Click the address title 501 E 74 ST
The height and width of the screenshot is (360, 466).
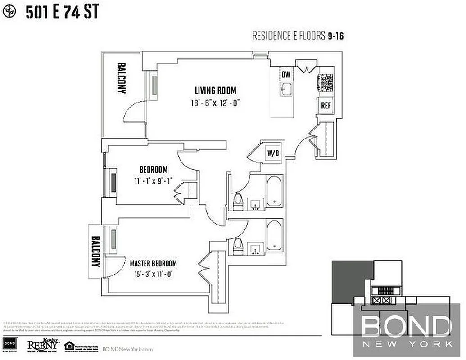click(x=62, y=12)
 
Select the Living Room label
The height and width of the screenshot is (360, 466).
click(x=215, y=90)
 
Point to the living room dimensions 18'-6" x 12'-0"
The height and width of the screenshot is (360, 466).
click(x=215, y=103)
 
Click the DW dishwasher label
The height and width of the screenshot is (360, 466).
click(x=286, y=74)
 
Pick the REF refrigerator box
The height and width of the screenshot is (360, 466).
click(x=326, y=106)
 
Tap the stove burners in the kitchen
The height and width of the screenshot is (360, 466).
click(x=326, y=83)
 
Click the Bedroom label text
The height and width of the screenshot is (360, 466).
click(x=154, y=170)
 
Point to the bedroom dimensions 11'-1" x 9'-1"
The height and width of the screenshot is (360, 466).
click(x=154, y=181)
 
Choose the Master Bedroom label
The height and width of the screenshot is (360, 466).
click(x=153, y=263)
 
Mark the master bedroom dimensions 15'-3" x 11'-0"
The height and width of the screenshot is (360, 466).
click(x=153, y=273)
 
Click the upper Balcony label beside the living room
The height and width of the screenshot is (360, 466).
click(x=121, y=78)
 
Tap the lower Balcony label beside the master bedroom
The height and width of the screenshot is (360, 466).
click(x=95, y=251)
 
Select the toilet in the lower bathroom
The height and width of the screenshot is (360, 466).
click(x=238, y=245)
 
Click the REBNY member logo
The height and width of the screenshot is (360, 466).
click(x=44, y=344)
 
